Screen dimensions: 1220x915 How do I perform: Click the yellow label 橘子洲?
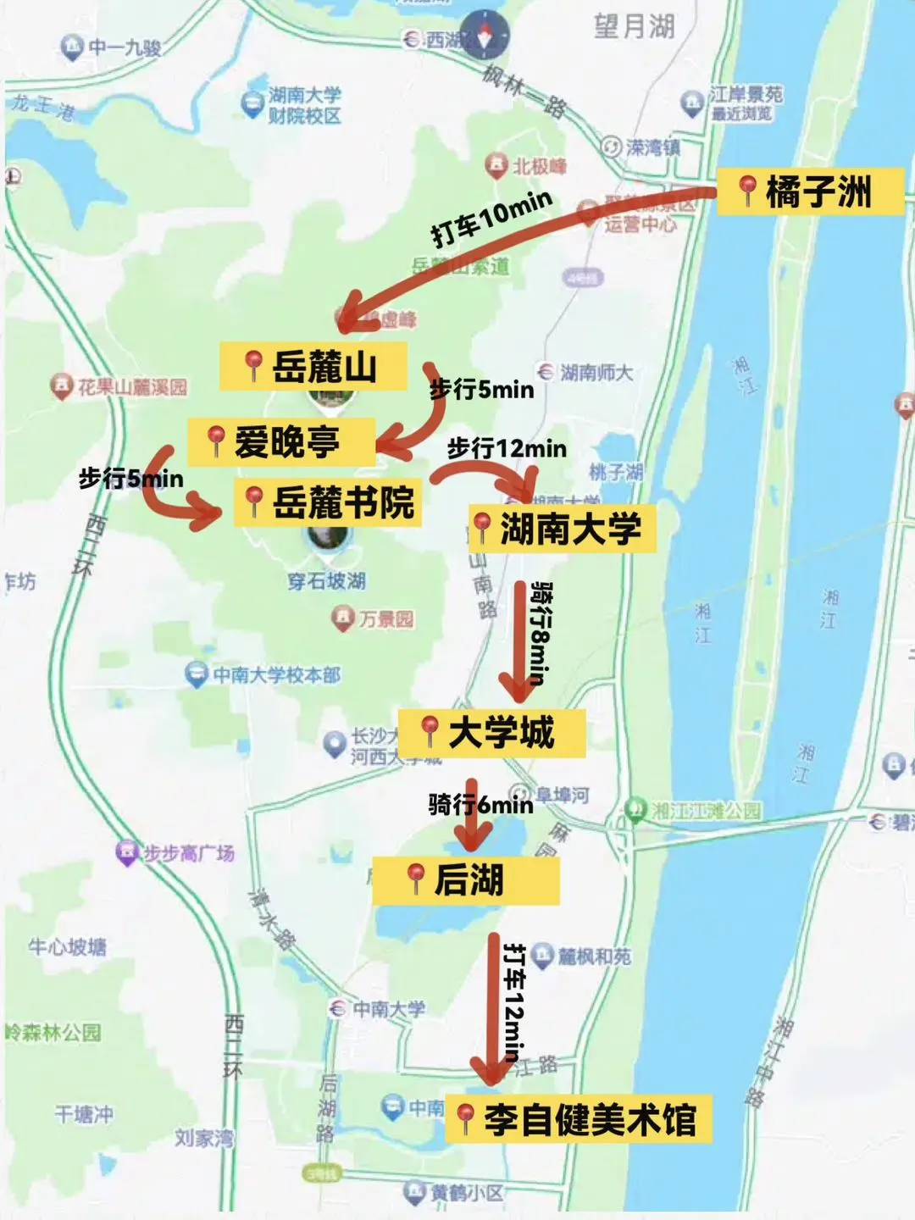point(810,191)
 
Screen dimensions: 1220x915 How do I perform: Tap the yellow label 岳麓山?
point(313,367)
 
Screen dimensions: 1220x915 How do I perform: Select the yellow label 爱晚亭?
point(280,441)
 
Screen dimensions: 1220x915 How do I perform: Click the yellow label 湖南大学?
point(562,530)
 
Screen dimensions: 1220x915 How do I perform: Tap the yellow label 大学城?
point(491,733)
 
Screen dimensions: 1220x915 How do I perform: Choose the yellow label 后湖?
point(465,880)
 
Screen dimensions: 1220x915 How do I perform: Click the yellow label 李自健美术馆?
point(578,1119)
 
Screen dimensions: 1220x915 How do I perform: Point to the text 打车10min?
point(491,218)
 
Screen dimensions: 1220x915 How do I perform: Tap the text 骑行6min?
point(480,803)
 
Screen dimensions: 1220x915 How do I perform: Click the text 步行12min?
point(507,447)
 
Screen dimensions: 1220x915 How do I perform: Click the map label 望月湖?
point(634,26)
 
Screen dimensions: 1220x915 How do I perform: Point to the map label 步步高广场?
point(187,853)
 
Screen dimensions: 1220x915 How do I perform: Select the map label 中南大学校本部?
point(275,675)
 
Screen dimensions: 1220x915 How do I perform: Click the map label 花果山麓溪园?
point(131,387)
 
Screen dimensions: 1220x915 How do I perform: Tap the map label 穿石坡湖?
point(326,581)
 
